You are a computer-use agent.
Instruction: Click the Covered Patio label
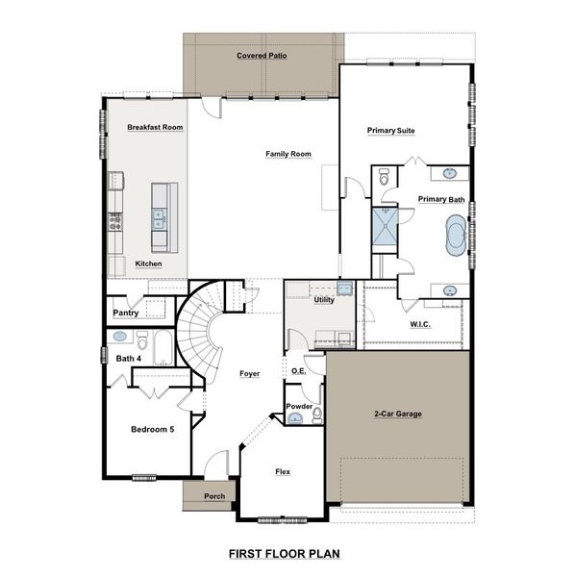(262, 56)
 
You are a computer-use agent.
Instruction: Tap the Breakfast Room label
(154, 127)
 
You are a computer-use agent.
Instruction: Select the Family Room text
(288, 154)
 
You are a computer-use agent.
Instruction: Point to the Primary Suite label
(390, 130)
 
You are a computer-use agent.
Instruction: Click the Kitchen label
(148, 263)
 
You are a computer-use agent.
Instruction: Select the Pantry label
(126, 313)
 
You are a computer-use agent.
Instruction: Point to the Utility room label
(324, 300)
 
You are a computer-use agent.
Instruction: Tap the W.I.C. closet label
(420, 324)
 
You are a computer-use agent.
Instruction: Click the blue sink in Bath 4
(120, 338)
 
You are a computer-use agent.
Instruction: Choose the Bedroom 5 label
(152, 429)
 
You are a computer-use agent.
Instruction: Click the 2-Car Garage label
(397, 414)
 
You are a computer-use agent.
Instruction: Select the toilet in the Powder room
(316, 414)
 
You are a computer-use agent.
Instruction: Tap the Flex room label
(283, 472)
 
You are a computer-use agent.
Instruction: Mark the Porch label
(214, 496)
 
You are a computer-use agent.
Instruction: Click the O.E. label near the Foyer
(298, 370)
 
